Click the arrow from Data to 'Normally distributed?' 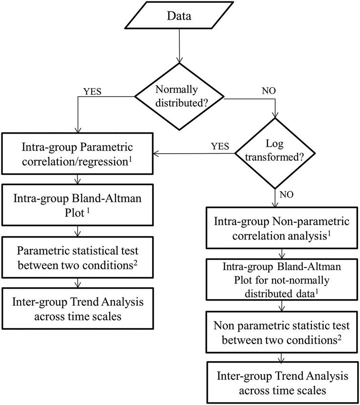click(x=179, y=50)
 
